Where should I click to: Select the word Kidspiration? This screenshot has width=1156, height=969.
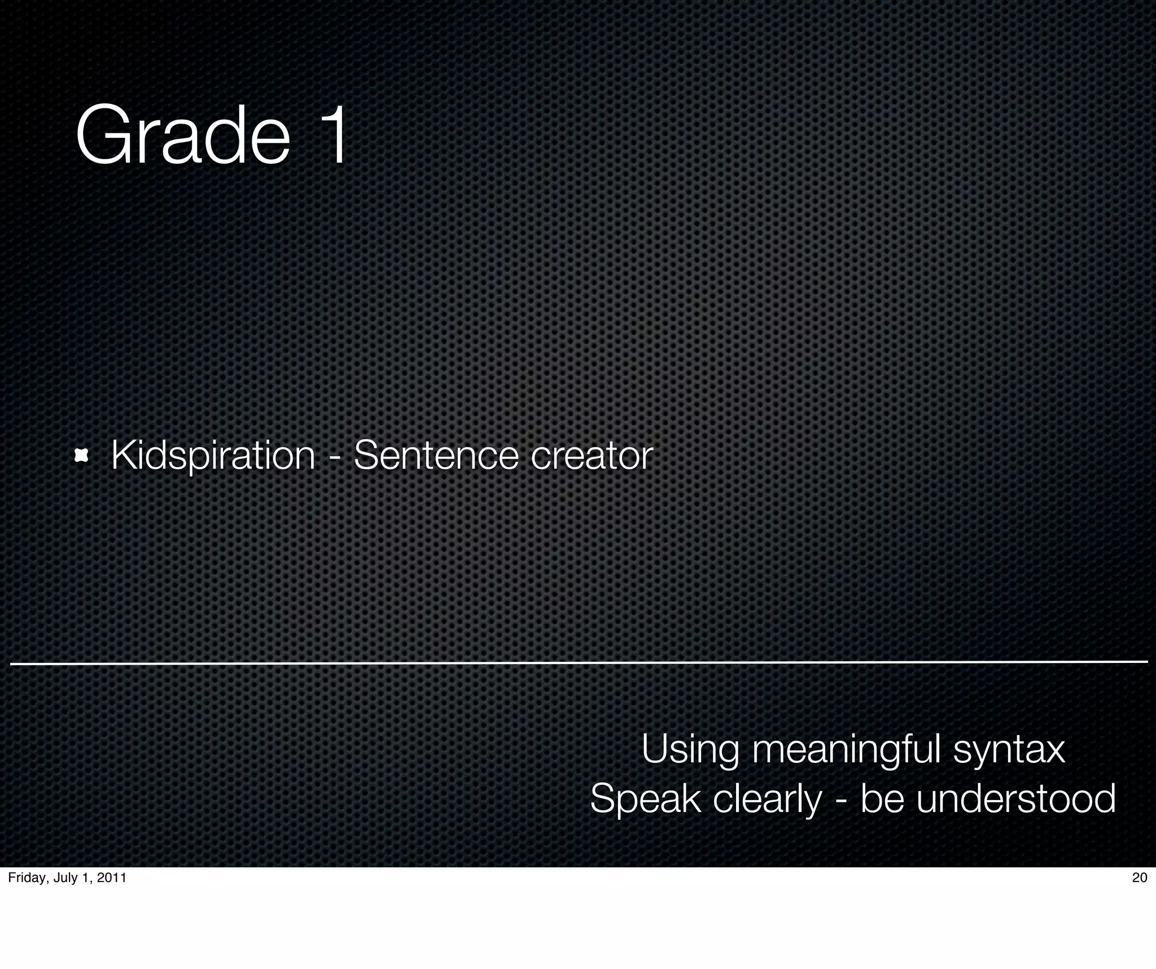click(213, 455)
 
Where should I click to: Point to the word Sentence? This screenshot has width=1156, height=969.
click(436, 455)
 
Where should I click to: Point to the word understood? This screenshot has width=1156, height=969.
click(1015, 799)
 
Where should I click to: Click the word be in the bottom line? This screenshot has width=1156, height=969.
click(882, 799)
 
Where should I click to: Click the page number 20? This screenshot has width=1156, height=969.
click(1140, 878)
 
